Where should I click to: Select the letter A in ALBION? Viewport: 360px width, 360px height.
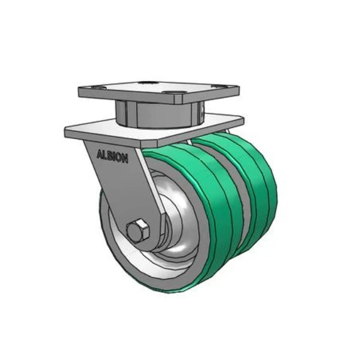[100, 154]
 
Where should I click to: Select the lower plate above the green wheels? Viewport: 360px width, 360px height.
[150, 131]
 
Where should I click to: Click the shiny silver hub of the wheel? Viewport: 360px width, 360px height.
[180, 228]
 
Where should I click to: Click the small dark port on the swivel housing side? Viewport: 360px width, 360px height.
[202, 110]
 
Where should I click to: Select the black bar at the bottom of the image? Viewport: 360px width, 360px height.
[180, 346]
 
